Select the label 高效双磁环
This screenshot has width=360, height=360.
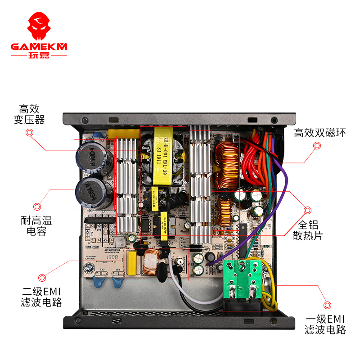[320, 133]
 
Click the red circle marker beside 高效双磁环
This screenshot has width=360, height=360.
[317, 146]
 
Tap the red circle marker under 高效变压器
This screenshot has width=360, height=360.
[30, 133]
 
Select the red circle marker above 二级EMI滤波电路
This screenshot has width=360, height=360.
[42, 278]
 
